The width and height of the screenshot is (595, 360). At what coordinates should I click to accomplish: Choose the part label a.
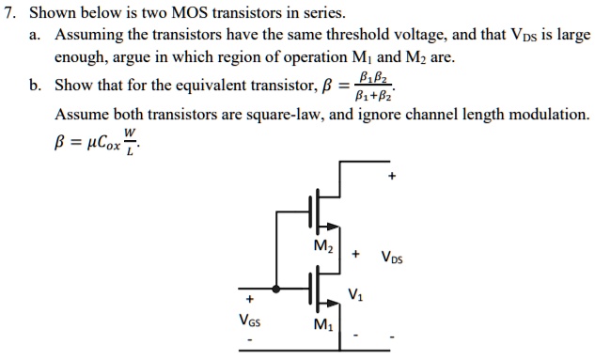coord(36,36)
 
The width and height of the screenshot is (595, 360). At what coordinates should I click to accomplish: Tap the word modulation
coord(545,116)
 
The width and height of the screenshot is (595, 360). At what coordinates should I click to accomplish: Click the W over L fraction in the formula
coord(130,145)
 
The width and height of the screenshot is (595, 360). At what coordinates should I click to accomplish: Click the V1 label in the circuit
coord(353,293)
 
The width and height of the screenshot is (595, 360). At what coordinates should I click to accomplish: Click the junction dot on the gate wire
coord(275,289)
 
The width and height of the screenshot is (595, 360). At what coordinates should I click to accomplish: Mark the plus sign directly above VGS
coord(249,301)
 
